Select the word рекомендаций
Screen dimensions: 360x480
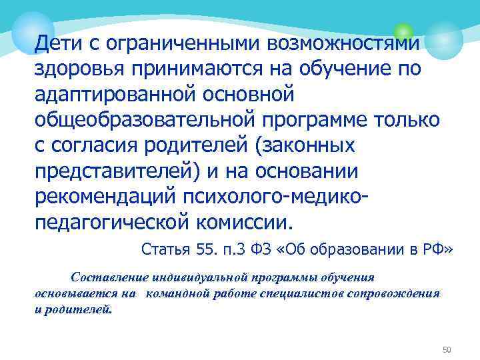[125, 196]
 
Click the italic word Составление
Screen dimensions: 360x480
[109, 277]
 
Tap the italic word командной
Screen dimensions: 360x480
[179, 294]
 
